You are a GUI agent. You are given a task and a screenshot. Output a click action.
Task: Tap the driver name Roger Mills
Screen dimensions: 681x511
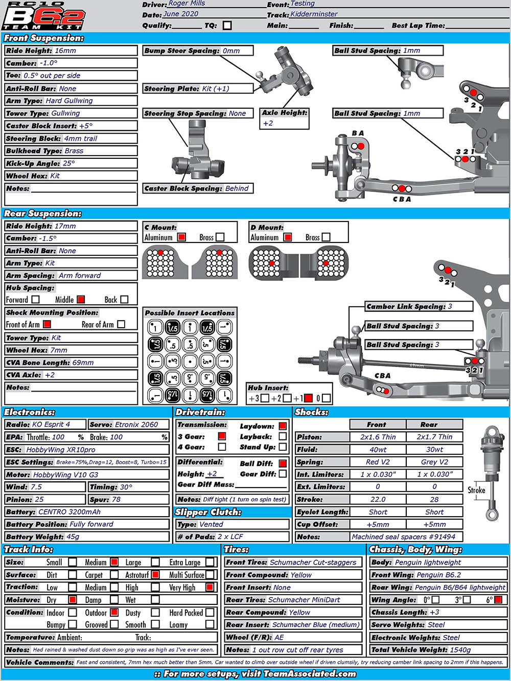click(187, 4)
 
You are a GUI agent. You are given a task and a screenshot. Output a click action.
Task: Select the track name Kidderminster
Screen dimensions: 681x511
click(314, 14)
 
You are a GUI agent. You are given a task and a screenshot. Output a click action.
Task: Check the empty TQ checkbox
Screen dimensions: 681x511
click(227, 25)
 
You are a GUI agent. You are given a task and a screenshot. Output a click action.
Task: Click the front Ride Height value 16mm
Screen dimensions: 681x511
click(65, 51)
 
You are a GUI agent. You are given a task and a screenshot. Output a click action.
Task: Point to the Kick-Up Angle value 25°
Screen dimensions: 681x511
click(68, 163)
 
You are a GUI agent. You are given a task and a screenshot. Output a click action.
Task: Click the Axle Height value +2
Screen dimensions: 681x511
click(268, 124)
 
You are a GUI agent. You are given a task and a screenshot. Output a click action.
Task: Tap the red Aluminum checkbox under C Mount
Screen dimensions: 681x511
click(181, 237)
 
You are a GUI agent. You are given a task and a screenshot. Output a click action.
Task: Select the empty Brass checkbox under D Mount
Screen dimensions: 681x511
click(326, 237)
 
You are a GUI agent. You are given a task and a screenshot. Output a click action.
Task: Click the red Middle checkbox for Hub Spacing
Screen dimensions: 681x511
click(81, 300)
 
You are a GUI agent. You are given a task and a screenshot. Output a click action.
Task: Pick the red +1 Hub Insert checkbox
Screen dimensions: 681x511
click(308, 398)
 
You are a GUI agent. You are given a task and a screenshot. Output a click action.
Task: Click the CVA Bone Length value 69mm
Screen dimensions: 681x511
click(83, 362)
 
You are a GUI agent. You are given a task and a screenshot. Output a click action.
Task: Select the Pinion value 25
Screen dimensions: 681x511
click(39, 499)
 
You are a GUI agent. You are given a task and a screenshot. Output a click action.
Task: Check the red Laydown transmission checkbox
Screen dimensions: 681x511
click(283, 426)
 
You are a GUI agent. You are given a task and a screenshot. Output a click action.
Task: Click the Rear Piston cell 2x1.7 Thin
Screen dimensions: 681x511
click(434, 437)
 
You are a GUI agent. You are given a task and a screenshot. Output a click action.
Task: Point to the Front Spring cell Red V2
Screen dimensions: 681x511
click(378, 462)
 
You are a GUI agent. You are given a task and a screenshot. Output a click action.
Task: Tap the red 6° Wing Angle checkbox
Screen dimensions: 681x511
click(498, 600)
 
